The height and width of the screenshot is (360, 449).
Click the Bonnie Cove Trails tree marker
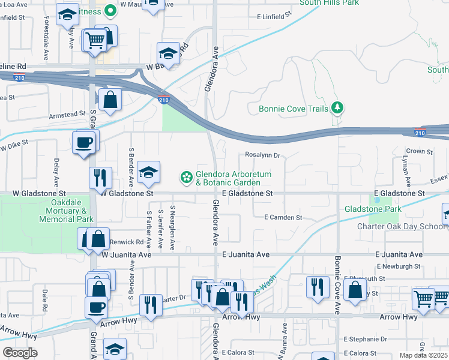click(338, 108)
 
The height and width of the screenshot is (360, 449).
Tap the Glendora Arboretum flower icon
click(187, 178)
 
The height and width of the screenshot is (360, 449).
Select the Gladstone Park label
click(372, 209)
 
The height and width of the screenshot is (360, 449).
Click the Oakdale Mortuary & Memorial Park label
click(67, 211)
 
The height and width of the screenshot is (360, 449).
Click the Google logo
click(20, 352)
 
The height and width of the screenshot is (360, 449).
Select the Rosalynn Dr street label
click(262, 155)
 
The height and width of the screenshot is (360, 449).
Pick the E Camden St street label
click(283, 217)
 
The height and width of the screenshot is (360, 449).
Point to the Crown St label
click(420, 152)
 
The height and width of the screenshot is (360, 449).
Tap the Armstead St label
click(67, 114)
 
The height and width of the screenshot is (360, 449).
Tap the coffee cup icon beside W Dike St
click(83, 143)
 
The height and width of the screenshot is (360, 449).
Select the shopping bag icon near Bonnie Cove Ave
click(355, 290)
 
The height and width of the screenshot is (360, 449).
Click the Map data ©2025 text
click(424, 355)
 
